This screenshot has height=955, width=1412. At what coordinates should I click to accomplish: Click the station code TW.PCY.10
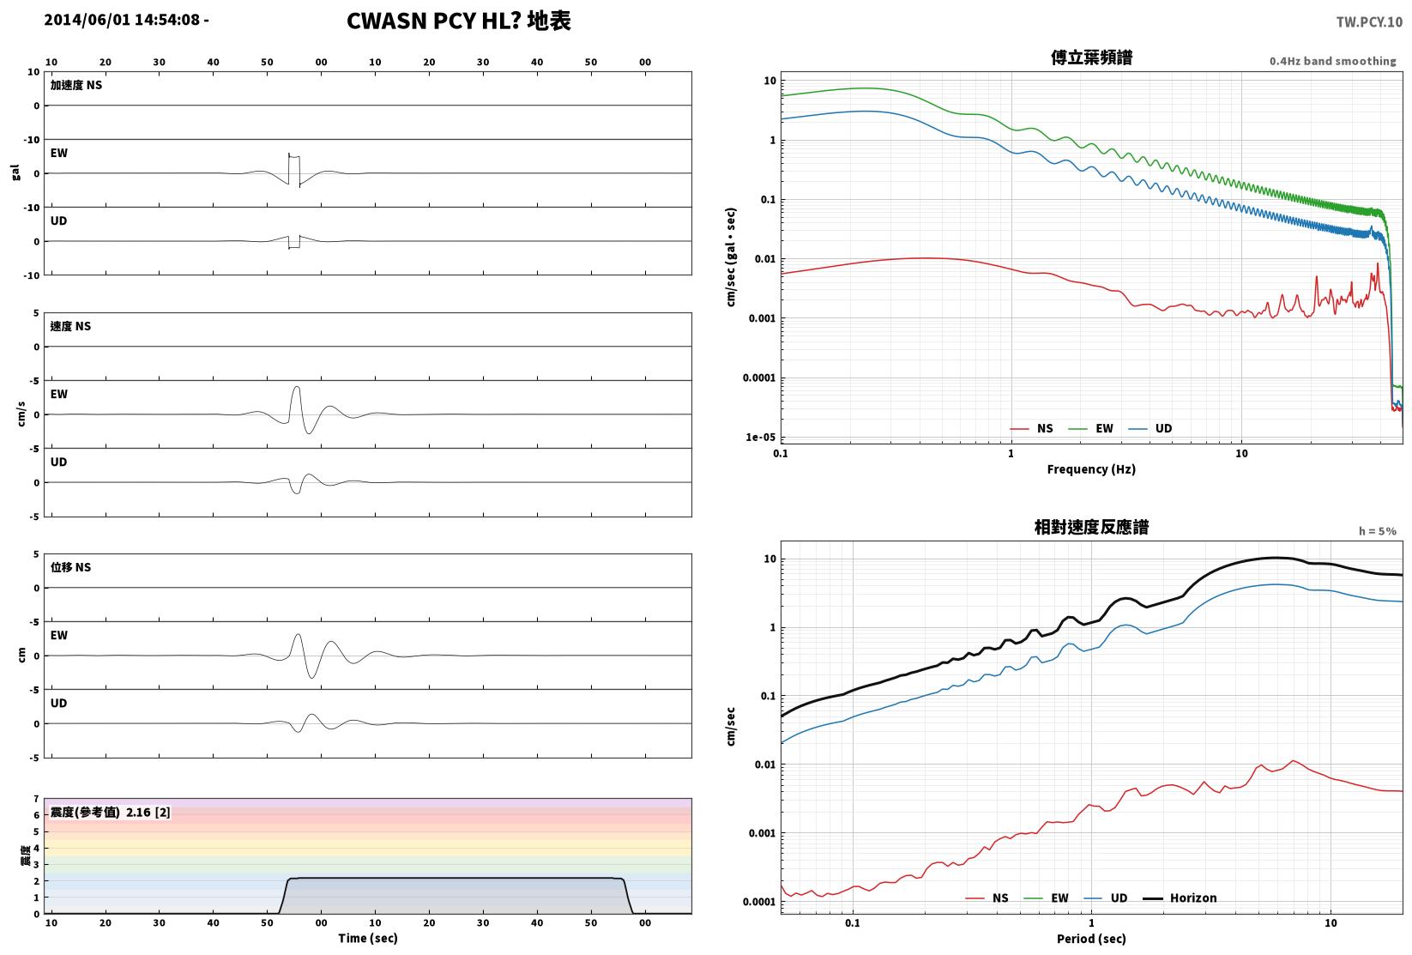point(1368,22)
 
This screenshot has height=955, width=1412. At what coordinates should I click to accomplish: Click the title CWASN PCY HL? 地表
point(458,21)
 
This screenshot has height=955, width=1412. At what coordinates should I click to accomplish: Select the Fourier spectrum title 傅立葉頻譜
point(1091,57)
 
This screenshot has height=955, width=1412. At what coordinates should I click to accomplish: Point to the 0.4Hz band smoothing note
point(1332,61)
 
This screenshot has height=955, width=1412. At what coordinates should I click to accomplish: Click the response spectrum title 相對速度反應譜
point(1091,527)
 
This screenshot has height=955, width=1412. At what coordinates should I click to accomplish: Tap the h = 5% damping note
point(1378,531)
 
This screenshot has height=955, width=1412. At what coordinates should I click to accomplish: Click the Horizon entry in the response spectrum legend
point(1180,898)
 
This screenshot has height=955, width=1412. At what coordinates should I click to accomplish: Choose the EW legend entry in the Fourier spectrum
point(1091,429)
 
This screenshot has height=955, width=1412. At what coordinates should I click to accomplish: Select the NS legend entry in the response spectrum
point(987,898)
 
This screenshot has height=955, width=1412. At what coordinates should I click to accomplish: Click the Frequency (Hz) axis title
point(1091,469)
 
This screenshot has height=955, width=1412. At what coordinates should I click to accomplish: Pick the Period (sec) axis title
point(1091,939)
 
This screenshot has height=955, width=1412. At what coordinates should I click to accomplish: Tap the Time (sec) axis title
point(367,938)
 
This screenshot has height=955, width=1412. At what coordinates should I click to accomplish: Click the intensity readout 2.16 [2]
point(148,813)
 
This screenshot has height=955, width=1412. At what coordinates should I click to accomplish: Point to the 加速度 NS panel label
point(75,85)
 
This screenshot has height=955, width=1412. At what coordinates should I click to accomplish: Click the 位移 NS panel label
point(70,567)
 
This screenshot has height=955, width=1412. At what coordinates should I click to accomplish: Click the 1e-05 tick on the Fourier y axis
point(761,438)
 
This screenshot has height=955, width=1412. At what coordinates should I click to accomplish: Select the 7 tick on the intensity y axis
point(37,799)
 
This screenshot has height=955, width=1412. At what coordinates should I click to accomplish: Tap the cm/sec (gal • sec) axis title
point(731,257)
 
